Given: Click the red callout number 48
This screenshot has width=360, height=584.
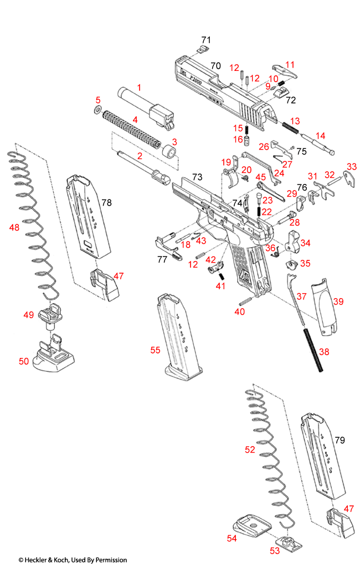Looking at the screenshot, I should click(x=14, y=227).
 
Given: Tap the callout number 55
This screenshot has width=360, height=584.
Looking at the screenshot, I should click(x=156, y=350).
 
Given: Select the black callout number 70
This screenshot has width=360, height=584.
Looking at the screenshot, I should click(x=215, y=66).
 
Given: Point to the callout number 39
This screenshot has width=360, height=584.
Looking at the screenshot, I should click(x=338, y=301).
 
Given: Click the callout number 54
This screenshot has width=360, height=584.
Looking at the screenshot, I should click(x=232, y=538).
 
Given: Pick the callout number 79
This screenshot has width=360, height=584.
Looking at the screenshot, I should click(x=340, y=440).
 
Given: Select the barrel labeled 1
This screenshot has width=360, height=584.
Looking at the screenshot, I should click(x=147, y=105).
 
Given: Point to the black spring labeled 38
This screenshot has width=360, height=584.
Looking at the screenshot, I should click(x=313, y=352).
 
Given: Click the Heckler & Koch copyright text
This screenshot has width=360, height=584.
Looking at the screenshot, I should click(x=73, y=560).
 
